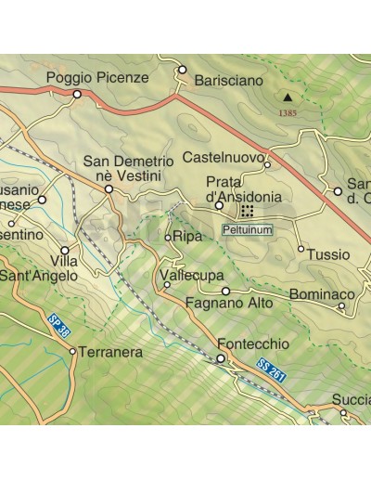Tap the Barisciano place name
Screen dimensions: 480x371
(229, 82)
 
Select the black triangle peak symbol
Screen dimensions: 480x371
(288, 97)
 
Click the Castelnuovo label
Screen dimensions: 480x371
(224, 156)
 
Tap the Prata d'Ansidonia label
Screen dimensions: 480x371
(243, 190)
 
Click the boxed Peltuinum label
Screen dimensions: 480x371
(249, 227)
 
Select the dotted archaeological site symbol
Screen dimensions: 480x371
(248, 212)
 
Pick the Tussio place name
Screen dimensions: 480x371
(328, 254)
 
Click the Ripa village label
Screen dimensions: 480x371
(188, 238)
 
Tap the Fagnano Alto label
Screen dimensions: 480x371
(228, 303)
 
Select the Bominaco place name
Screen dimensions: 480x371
(321, 295)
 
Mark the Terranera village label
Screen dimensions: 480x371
(110, 353)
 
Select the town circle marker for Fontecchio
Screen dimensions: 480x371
(221, 358)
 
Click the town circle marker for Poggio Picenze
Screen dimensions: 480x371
(77, 94)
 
